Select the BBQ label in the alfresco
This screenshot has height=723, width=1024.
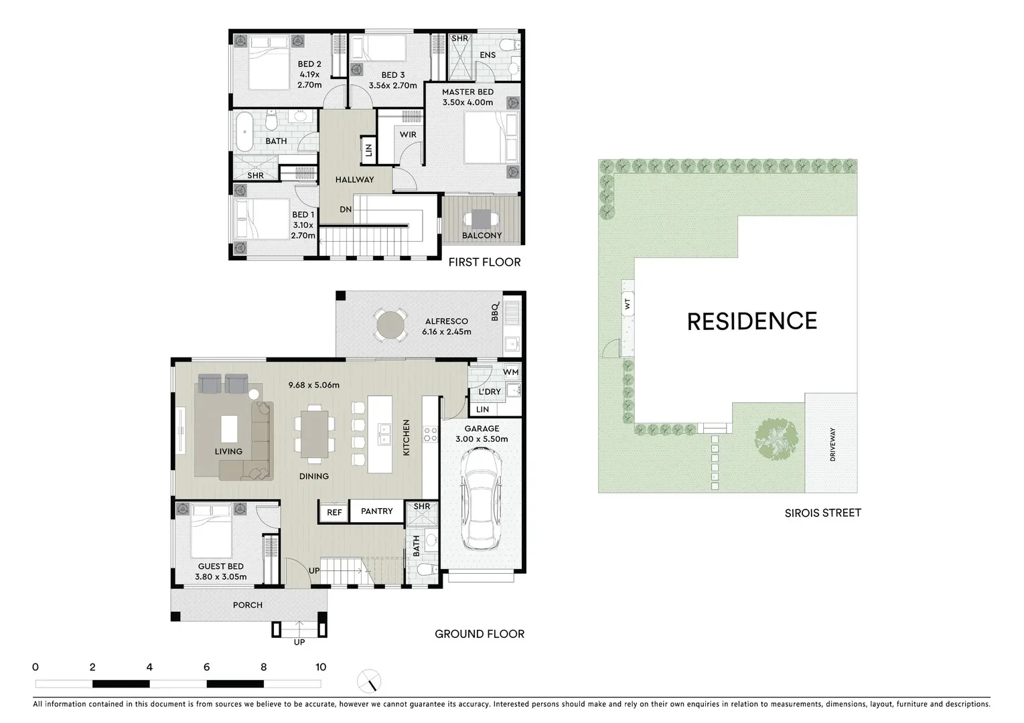496,311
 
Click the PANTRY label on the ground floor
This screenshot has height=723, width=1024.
376,511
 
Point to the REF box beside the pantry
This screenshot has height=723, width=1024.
334,512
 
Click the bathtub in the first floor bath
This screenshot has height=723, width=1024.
243,131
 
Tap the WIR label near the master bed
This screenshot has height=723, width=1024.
408,135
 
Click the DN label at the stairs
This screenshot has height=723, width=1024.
346,210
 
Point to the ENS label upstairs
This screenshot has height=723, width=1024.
488,55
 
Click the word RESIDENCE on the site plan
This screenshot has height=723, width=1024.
751,321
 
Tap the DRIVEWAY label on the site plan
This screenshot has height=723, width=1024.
832,444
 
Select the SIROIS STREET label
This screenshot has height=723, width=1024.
822,513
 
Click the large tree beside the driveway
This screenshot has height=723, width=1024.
776,439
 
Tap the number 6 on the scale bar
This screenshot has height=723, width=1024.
206,667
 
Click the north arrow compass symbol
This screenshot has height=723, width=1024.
369,681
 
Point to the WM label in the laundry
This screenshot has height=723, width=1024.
510,372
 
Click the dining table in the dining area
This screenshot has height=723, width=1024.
313,435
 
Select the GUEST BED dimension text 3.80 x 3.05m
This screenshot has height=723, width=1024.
220,576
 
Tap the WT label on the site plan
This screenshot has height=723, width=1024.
628,304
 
